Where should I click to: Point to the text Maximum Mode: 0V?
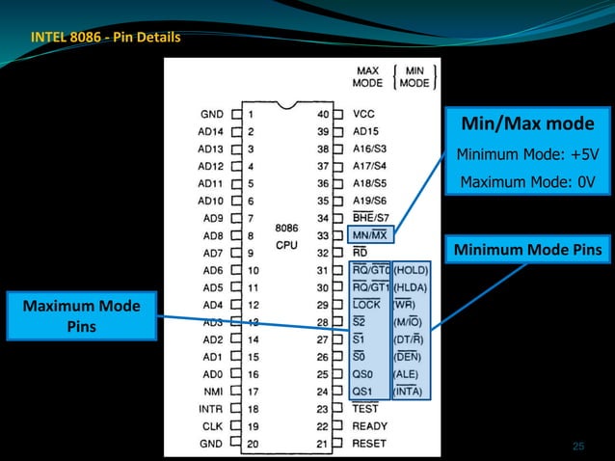[526, 181]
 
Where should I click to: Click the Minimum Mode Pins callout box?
[525, 251]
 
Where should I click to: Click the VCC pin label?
[364, 114]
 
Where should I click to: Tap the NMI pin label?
[214, 392]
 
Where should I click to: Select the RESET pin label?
[370, 444]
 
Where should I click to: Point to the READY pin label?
[371, 426]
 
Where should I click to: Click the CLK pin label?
[214, 426]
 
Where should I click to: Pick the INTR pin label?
[212, 409]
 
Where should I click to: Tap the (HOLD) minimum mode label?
[412, 270]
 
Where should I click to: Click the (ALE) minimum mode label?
[408, 374]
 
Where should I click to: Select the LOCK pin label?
[367, 305]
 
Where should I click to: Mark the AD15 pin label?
[366, 131]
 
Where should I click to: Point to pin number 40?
[323, 114]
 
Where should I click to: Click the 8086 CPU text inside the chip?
[287, 235]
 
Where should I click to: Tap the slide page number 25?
[578, 446]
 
